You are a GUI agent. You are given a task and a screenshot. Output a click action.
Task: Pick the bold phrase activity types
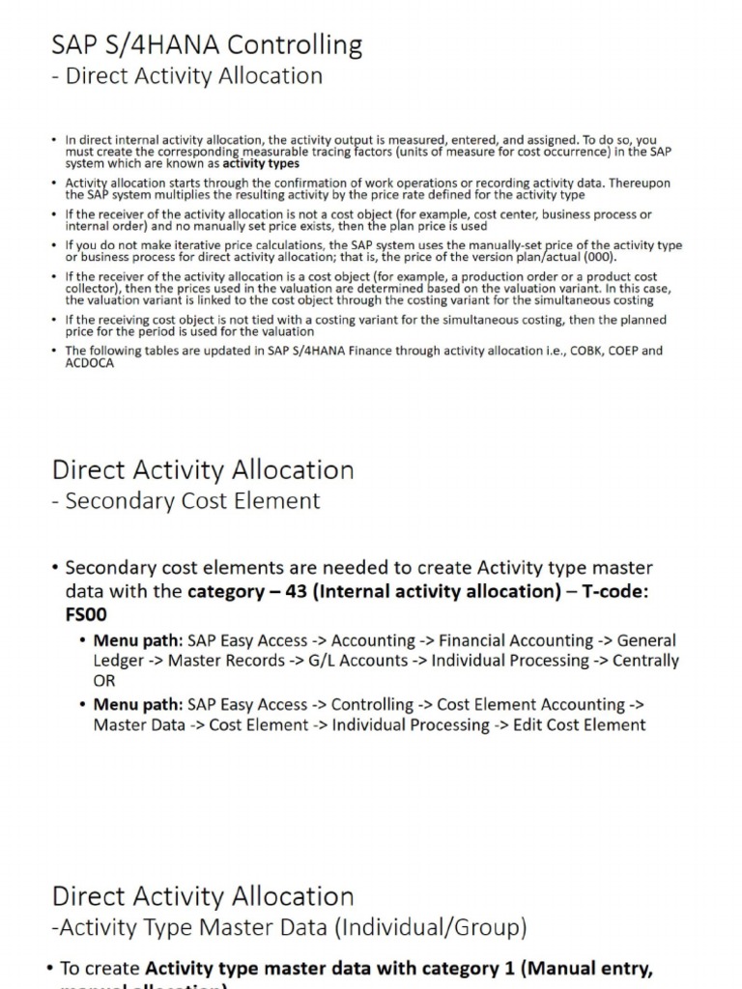pyautogui.click(x=261, y=163)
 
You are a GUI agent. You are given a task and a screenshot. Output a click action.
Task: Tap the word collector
pyautogui.click(x=92, y=289)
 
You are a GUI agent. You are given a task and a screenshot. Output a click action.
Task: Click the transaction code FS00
pyautogui.click(x=86, y=614)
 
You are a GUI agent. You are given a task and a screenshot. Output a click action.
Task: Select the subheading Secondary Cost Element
pyautogui.click(x=192, y=500)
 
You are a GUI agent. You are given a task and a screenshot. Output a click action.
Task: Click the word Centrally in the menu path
pyautogui.click(x=636, y=661)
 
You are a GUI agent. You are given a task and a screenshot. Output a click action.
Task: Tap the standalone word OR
pyautogui.click(x=104, y=681)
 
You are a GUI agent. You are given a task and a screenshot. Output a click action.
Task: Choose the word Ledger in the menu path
pyautogui.click(x=118, y=661)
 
